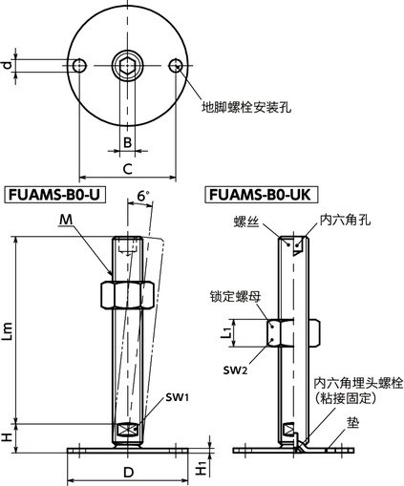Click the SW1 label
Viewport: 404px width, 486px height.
[175, 395]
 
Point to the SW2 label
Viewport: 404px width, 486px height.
[236, 369]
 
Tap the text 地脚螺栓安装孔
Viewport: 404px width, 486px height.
[247, 107]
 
